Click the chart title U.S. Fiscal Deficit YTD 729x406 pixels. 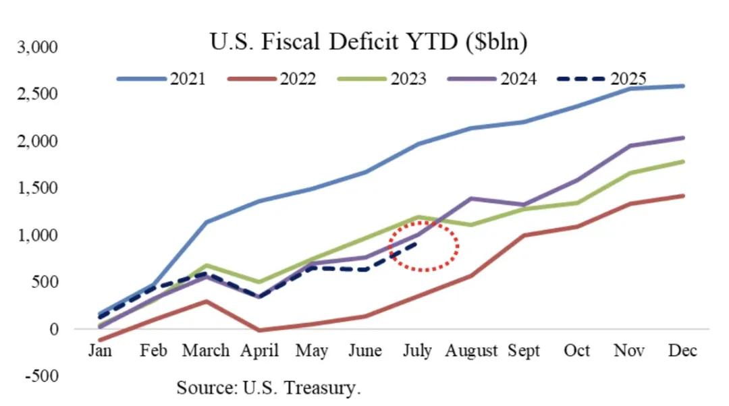(369, 42)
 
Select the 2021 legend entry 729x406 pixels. (162, 79)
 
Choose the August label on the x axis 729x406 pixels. (471, 351)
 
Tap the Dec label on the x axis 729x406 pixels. (682, 351)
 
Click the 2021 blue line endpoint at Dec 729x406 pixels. (682, 86)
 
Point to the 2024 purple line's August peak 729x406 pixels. (471, 198)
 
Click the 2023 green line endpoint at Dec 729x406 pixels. (682, 161)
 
